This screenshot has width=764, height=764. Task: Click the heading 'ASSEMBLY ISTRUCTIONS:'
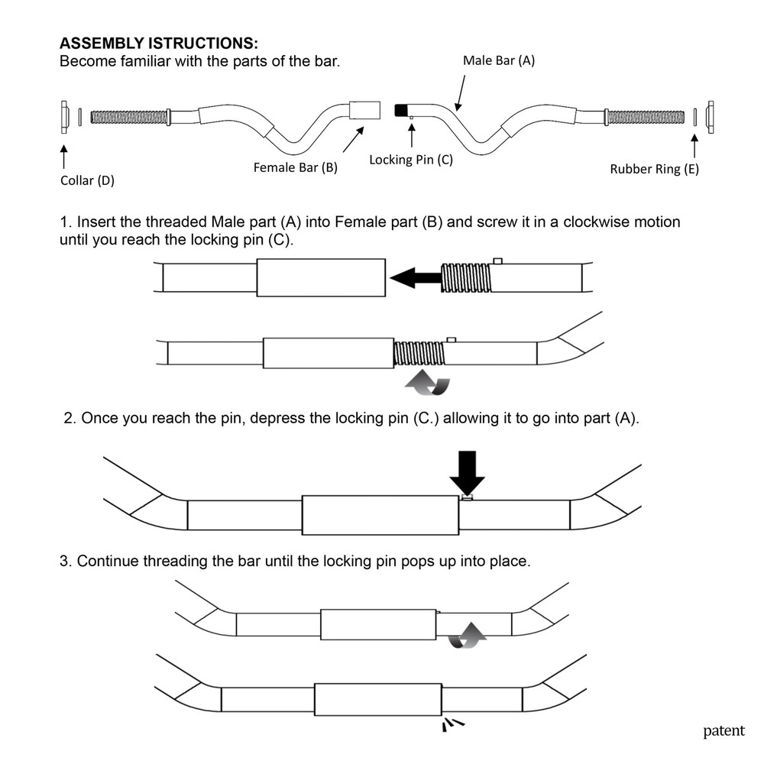158,44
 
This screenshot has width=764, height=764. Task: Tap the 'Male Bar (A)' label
499,61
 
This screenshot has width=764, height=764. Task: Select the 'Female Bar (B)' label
295,167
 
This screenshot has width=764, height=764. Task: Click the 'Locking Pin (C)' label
410,160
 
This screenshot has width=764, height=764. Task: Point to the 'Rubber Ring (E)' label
654,170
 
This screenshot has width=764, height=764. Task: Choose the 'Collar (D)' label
87,181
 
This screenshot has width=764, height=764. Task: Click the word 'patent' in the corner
723,731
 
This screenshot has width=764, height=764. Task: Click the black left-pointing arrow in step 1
415,278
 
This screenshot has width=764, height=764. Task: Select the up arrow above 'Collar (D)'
63,155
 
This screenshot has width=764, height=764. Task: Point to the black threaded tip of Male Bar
400,110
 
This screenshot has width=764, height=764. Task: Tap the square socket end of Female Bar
365,110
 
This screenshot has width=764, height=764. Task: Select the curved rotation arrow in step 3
467,636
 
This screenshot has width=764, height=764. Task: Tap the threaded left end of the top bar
129,117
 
